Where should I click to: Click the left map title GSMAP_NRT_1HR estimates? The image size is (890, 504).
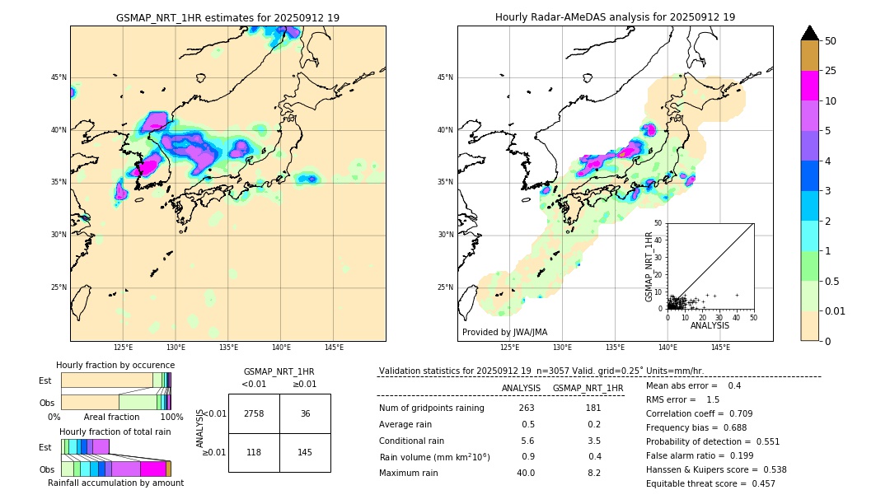tap(227, 17)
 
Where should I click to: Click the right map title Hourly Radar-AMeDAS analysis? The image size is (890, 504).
tap(615, 17)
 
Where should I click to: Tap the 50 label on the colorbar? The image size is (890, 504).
tap(831, 41)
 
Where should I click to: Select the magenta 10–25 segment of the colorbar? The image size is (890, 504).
tap(809, 86)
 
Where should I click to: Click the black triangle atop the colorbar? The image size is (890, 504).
tap(809, 33)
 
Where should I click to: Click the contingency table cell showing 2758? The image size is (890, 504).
tap(254, 413)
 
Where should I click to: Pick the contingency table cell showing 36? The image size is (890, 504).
tap(305, 413)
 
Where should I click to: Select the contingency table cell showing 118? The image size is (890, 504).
tap(254, 452)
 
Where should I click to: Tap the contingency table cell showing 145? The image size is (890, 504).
tap(305, 452)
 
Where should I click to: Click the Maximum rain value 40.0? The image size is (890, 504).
tap(526, 473)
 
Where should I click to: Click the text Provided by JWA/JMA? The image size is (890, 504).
tap(504, 333)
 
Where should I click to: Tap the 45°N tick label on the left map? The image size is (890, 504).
tap(58, 77)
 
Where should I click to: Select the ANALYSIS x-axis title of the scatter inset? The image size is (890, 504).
tap(710, 325)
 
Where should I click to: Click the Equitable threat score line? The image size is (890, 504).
tap(710, 483)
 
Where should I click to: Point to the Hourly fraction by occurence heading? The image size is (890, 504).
tap(115, 365)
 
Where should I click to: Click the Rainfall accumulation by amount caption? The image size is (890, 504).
tap(115, 483)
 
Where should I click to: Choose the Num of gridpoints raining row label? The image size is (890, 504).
tap(432, 408)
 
